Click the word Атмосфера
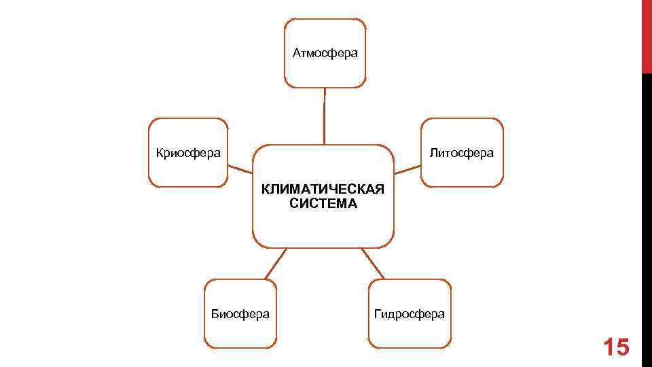tap(325, 53)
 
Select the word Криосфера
tap(188, 153)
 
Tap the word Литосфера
tap(462, 153)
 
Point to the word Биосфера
tap(240, 314)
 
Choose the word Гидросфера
tap(410, 314)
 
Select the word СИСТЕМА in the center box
tap(323, 203)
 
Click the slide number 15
tap(617, 347)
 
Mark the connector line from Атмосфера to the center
tap(325, 116)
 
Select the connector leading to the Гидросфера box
tap(372, 263)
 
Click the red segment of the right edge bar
tap(647, 34)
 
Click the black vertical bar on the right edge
tap(647, 217)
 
